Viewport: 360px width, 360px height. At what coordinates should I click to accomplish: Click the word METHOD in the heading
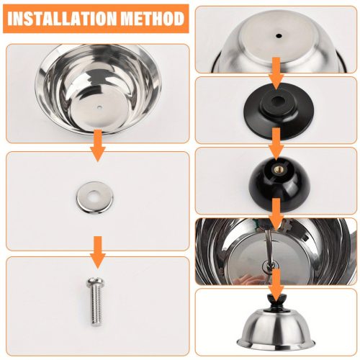click(153, 19)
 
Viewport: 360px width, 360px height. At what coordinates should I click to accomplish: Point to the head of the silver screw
click(96, 282)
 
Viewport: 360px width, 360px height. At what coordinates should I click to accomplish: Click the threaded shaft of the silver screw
click(96, 305)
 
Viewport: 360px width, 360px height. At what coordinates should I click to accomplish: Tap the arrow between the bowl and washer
click(98, 145)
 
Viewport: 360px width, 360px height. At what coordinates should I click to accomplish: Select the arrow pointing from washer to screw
click(98, 252)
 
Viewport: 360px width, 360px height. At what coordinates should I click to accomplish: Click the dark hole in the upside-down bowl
click(279, 36)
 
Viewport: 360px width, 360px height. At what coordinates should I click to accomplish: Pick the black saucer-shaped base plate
click(278, 112)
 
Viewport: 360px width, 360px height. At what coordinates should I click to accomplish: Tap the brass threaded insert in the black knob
click(276, 170)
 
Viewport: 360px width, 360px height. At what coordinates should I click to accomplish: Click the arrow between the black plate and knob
click(276, 143)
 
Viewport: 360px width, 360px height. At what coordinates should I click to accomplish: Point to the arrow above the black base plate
click(276, 73)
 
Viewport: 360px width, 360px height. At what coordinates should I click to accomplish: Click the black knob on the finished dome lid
click(276, 302)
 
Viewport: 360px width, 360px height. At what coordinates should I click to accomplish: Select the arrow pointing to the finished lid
click(276, 285)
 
